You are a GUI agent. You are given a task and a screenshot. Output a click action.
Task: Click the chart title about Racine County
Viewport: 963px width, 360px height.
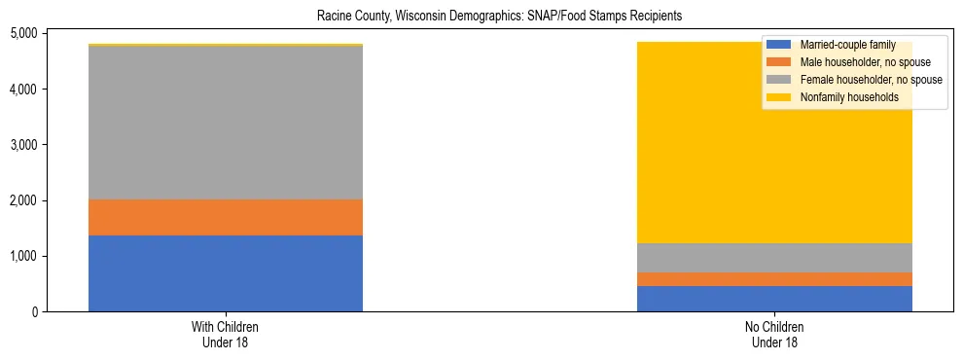(x=481, y=17)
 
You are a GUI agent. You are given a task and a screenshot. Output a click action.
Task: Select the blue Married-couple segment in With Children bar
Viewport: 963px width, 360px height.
(x=226, y=273)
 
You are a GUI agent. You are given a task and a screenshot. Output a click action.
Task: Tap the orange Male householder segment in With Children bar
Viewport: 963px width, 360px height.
(x=226, y=217)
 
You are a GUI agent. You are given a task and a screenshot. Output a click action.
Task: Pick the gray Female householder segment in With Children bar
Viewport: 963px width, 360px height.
(x=226, y=123)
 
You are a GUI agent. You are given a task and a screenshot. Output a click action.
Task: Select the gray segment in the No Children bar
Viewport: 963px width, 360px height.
(x=774, y=258)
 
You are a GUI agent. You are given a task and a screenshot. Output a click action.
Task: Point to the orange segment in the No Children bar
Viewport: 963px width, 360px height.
(x=774, y=279)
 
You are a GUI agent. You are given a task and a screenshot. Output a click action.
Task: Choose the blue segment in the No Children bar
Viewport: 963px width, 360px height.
(x=774, y=299)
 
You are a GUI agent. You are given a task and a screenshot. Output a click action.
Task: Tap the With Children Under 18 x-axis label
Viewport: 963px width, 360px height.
(x=226, y=335)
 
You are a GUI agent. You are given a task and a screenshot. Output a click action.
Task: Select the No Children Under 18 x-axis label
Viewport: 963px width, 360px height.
(x=774, y=335)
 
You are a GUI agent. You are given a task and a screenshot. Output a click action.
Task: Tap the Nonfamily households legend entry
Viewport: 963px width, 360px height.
(x=847, y=97)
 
